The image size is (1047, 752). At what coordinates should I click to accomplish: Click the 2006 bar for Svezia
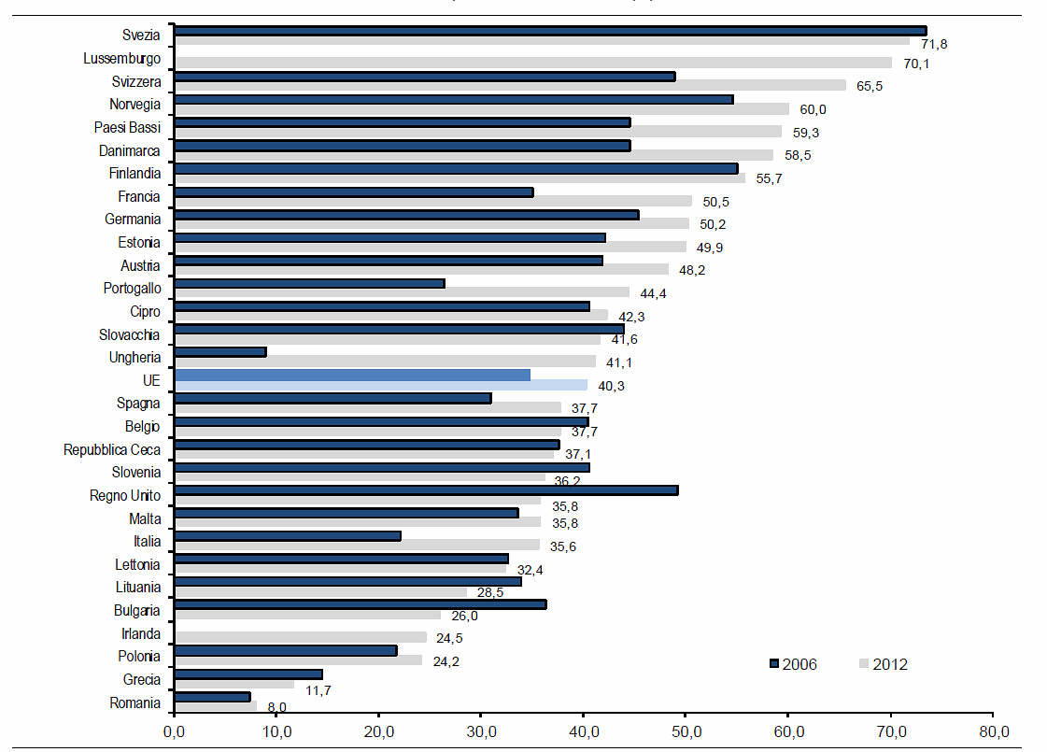(x=550, y=31)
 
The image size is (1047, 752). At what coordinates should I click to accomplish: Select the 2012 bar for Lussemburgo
(x=532, y=64)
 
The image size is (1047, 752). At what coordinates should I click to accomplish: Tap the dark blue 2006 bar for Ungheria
(x=220, y=352)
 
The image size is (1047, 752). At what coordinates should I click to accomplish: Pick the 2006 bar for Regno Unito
(x=426, y=490)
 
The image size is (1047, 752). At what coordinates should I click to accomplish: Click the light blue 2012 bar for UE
(x=381, y=385)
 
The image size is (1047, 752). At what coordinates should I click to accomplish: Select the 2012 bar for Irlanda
(x=300, y=637)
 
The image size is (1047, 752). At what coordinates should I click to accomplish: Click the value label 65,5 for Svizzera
(x=870, y=86)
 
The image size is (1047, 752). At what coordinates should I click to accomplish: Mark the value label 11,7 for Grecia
(x=318, y=690)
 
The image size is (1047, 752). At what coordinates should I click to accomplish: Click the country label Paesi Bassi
(x=127, y=127)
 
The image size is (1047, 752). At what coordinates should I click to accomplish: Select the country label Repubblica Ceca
(x=112, y=449)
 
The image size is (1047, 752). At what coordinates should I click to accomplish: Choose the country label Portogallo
(x=132, y=288)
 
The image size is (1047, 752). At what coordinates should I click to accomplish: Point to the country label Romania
(x=135, y=702)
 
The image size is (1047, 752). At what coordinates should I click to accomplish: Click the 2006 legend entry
(x=793, y=664)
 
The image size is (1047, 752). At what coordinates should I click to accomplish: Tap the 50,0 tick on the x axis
(x=686, y=729)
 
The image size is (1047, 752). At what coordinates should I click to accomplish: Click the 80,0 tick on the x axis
(x=993, y=729)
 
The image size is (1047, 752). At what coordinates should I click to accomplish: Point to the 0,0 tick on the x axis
(x=175, y=729)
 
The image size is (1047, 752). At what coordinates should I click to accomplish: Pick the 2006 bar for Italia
(x=288, y=536)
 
